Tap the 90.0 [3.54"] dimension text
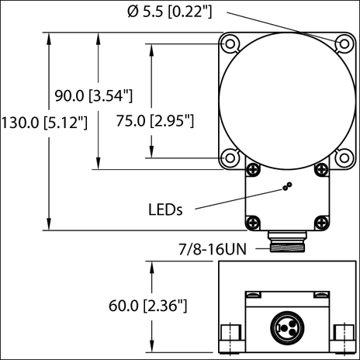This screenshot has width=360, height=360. (x=94, y=95)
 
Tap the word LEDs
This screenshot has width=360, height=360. (x=164, y=209)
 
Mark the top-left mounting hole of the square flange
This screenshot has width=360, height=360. (x=230, y=42)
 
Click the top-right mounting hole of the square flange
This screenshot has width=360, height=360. (x=338, y=42)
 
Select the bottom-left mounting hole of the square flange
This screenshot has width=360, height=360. (x=230, y=157)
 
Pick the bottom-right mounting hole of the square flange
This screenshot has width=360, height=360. (x=338, y=157)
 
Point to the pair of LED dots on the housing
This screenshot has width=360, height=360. (x=287, y=186)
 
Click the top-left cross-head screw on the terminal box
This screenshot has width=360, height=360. (x=251, y=168)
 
